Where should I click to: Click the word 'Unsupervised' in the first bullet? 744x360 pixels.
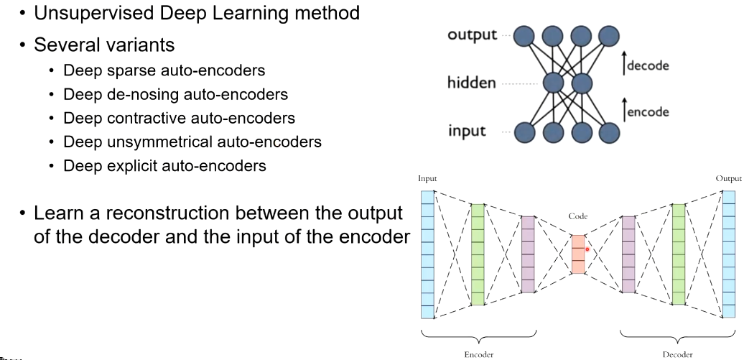[x=94, y=14]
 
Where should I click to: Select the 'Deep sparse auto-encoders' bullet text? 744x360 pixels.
[x=164, y=70]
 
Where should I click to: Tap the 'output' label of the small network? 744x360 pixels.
[x=472, y=35]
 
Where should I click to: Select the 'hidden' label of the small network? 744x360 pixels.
[x=471, y=83]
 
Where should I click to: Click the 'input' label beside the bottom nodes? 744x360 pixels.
[x=467, y=131]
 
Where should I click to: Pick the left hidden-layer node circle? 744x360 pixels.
[x=553, y=83]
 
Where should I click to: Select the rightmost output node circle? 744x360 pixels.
[x=609, y=36]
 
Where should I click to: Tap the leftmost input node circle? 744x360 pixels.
[x=525, y=132]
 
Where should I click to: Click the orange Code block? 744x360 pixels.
[x=578, y=254]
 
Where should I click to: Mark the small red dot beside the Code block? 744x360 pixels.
[x=587, y=249]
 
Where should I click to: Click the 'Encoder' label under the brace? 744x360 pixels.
[x=479, y=354]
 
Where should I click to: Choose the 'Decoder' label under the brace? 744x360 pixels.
[x=678, y=354]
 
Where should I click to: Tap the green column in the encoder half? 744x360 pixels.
[x=478, y=254]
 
